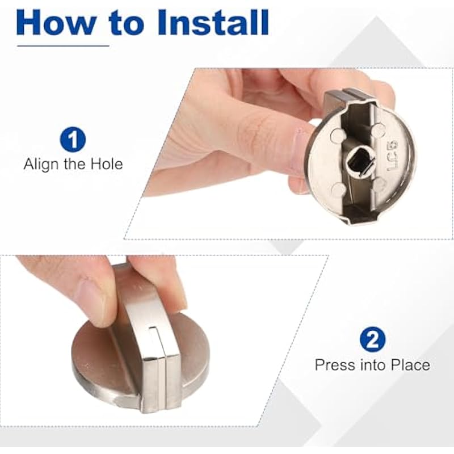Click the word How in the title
(56, 23)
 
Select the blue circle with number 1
(73, 140)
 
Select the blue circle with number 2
(373, 339)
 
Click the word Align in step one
(42, 164)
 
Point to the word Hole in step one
(107, 164)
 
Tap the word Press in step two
(334, 365)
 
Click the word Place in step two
(410, 365)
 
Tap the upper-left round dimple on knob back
(338, 135)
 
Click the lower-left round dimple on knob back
(338, 190)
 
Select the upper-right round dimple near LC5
(378, 129)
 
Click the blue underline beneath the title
(63, 45)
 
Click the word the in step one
(75, 164)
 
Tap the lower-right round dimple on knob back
(380, 183)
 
